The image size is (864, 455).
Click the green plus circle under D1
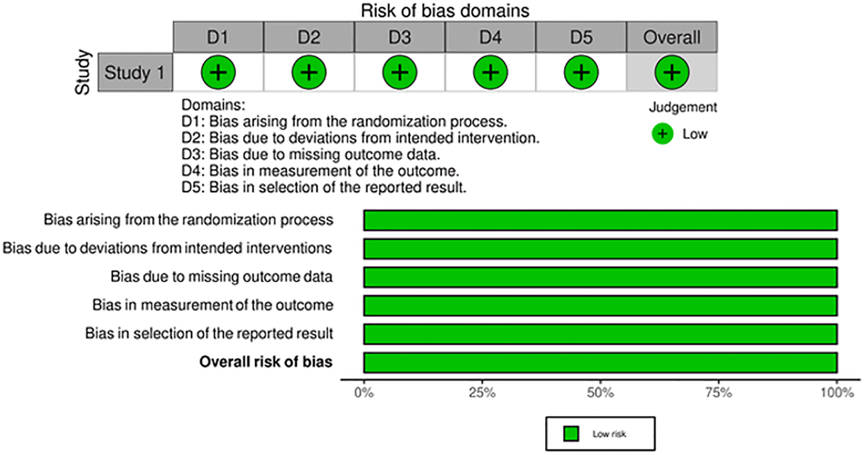(218, 73)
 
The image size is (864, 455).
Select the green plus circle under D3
(400, 73)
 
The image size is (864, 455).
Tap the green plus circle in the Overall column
(672, 73)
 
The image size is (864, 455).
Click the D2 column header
(309, 37)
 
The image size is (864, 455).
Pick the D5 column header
(581, 37)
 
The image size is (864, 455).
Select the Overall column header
(672, 37)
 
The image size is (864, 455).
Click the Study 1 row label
(135, 73)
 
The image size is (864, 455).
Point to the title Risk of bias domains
(445, 10)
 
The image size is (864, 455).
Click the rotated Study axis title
(83, 72)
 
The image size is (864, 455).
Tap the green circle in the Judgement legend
(663, 134)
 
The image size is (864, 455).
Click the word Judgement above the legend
(683, 107)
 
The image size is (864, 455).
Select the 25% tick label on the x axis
(482, 393)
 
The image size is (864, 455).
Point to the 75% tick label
(719, 393)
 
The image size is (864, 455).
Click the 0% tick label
(364, 393)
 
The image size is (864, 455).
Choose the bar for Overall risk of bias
(601, 363)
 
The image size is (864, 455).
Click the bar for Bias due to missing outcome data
(601, 277)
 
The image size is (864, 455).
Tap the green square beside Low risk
(571, 434)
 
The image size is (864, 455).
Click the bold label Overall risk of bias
(266, 362)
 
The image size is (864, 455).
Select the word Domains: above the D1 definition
(213, 105)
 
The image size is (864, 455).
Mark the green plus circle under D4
(491, 73)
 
